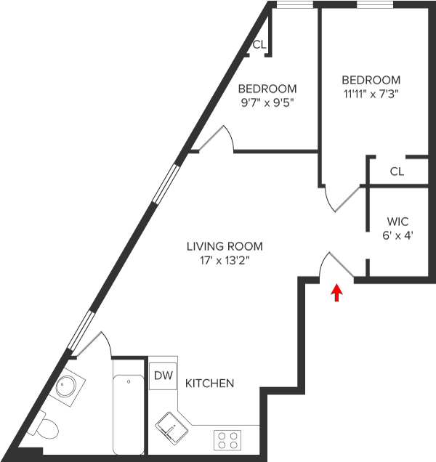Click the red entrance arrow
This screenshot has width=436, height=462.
click(336, 292)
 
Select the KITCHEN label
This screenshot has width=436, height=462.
click(209, 383)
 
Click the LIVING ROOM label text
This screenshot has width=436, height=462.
click(224, 246)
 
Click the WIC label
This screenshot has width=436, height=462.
click(397, 221)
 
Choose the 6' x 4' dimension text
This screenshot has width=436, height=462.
click(397, 235)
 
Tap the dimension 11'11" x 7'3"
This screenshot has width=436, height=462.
click(371, 94)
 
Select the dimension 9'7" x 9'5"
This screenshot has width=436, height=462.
click(267, 103)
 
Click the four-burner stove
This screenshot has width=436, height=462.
click(226, 439)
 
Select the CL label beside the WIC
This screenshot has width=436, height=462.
click(396, 172)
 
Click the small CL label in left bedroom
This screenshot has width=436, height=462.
click(259, 45)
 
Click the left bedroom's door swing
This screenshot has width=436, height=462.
click(216, 138)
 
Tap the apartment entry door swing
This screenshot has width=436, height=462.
click(336, 264)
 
